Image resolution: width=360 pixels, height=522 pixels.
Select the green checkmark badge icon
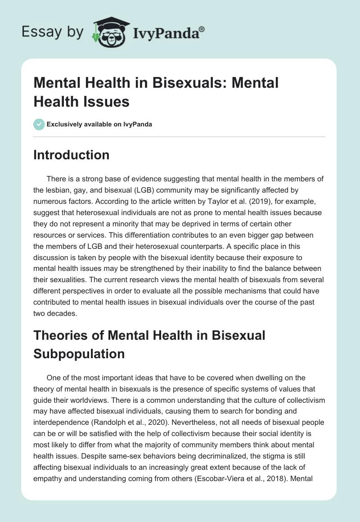(39, 124)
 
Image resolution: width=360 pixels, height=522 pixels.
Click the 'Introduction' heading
(71, 155)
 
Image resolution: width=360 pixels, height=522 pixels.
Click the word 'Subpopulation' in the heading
(79, 354)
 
